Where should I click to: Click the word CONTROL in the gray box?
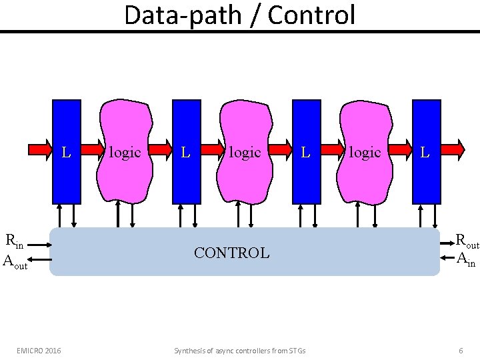[x=231, y=253]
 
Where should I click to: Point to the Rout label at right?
[x=467, y=241]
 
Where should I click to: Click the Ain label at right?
[x=466, y=259]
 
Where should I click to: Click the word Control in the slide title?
[x=311, y=15]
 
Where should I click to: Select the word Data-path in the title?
[x=176, y=15]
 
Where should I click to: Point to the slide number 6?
[x=461, y=350]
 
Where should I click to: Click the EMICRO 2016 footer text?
[x=39, y=350]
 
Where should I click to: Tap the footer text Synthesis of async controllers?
[x=239, y=350]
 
